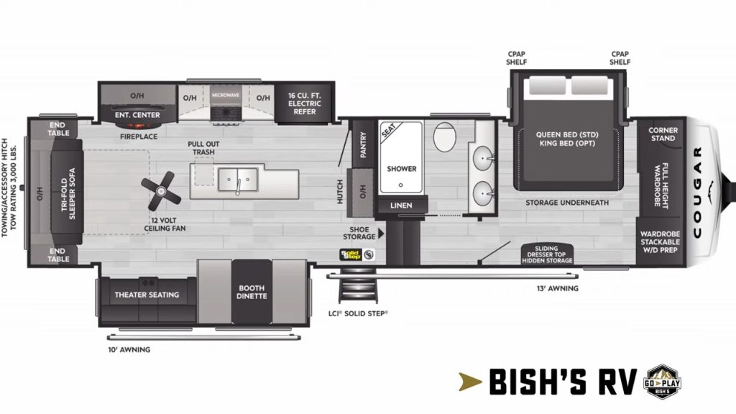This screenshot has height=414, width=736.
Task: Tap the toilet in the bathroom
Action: click(x=443, y=137)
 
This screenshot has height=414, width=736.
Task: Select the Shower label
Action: click(x=402, y=169)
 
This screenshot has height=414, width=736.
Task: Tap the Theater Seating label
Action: click(x=147, y=295)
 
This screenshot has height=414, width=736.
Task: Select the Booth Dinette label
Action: click(x=252, y=292)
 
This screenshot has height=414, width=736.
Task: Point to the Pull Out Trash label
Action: click(x=203, y=148)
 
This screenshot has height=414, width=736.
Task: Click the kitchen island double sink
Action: click(x=237, y=176)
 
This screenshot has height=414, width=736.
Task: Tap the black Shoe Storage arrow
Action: click(x=382, y=233)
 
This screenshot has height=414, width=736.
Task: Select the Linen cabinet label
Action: click(x=401, y=206)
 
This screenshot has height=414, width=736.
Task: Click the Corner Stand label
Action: click(x=662, y=134)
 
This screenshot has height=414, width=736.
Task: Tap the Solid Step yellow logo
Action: click(x=351, y=254)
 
